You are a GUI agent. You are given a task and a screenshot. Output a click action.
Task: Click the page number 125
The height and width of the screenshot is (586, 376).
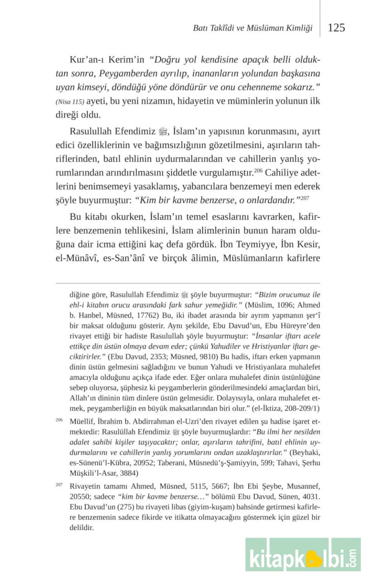[336, 28]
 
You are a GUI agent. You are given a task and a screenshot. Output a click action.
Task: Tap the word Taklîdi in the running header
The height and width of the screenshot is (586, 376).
[219, 28]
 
